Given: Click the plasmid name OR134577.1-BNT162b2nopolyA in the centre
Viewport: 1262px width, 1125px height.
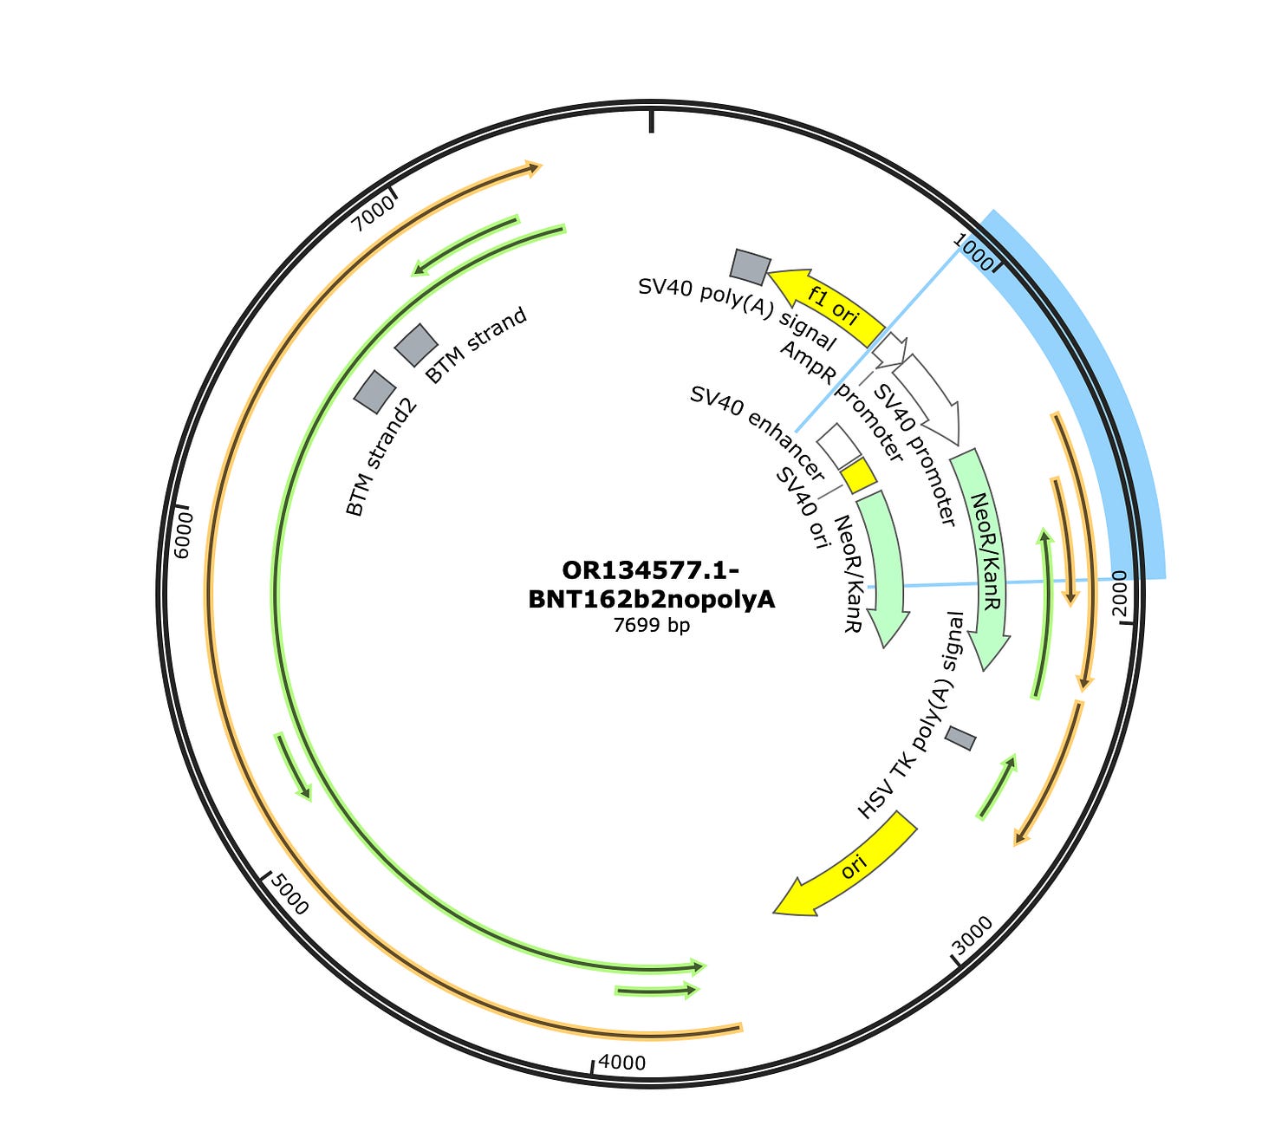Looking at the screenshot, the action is (x=651, y=584).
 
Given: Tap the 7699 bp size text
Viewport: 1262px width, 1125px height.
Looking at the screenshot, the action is (x=651, y=625).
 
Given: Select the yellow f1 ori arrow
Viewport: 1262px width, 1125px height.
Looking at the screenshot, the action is (x=828, y=304).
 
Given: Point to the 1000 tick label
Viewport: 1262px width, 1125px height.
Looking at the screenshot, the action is (x=973, y=251).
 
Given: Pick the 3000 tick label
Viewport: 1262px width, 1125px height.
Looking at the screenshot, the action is (x=973, y=935).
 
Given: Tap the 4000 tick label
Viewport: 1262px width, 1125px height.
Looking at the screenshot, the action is (x=621, y=1063).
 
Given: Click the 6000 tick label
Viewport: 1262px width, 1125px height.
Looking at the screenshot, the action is (x=183, y=535).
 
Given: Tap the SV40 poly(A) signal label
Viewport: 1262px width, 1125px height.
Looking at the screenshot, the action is (x=737, y=313).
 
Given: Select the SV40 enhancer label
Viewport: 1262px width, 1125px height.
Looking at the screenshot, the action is (x=756, y=432).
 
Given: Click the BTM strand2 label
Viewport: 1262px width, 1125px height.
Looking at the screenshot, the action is (x=381, y=457).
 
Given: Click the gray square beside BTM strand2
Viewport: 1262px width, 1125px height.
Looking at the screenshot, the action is (x=374, y=392).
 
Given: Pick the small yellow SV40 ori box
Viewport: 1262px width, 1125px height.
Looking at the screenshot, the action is (x=859, y=475).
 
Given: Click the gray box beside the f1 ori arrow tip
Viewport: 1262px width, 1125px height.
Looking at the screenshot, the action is (x=750, y=267).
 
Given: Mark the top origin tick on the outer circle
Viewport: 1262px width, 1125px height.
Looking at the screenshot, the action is (x=651, y=121).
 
